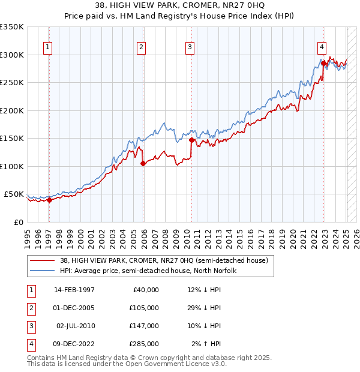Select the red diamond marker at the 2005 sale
[143, 163]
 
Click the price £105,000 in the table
[144, 308]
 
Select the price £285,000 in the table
[144, 344]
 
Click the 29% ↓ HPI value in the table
[204, 308]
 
